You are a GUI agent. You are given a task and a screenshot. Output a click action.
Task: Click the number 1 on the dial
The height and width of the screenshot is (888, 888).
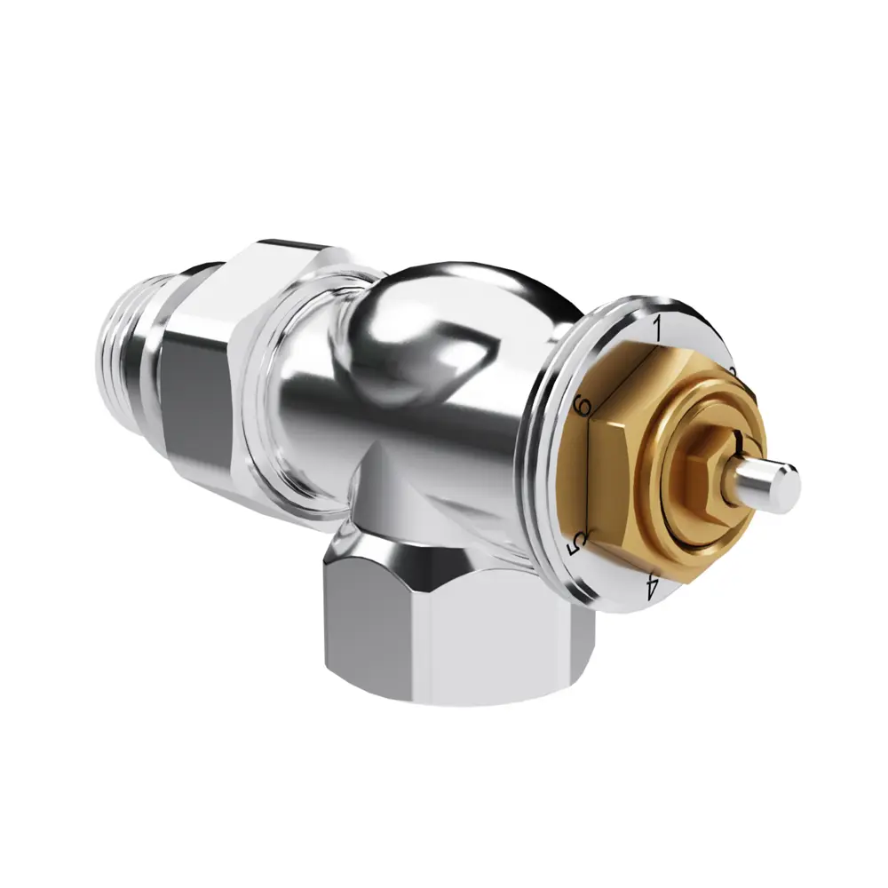pyautogui.click(x=658, y=326)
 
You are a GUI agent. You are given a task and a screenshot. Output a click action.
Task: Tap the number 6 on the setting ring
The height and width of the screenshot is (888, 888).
pyautogui.click(x=583, y=407)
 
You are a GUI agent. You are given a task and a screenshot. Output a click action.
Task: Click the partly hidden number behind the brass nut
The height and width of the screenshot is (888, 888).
pyautogui.click(x=733, y=370)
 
